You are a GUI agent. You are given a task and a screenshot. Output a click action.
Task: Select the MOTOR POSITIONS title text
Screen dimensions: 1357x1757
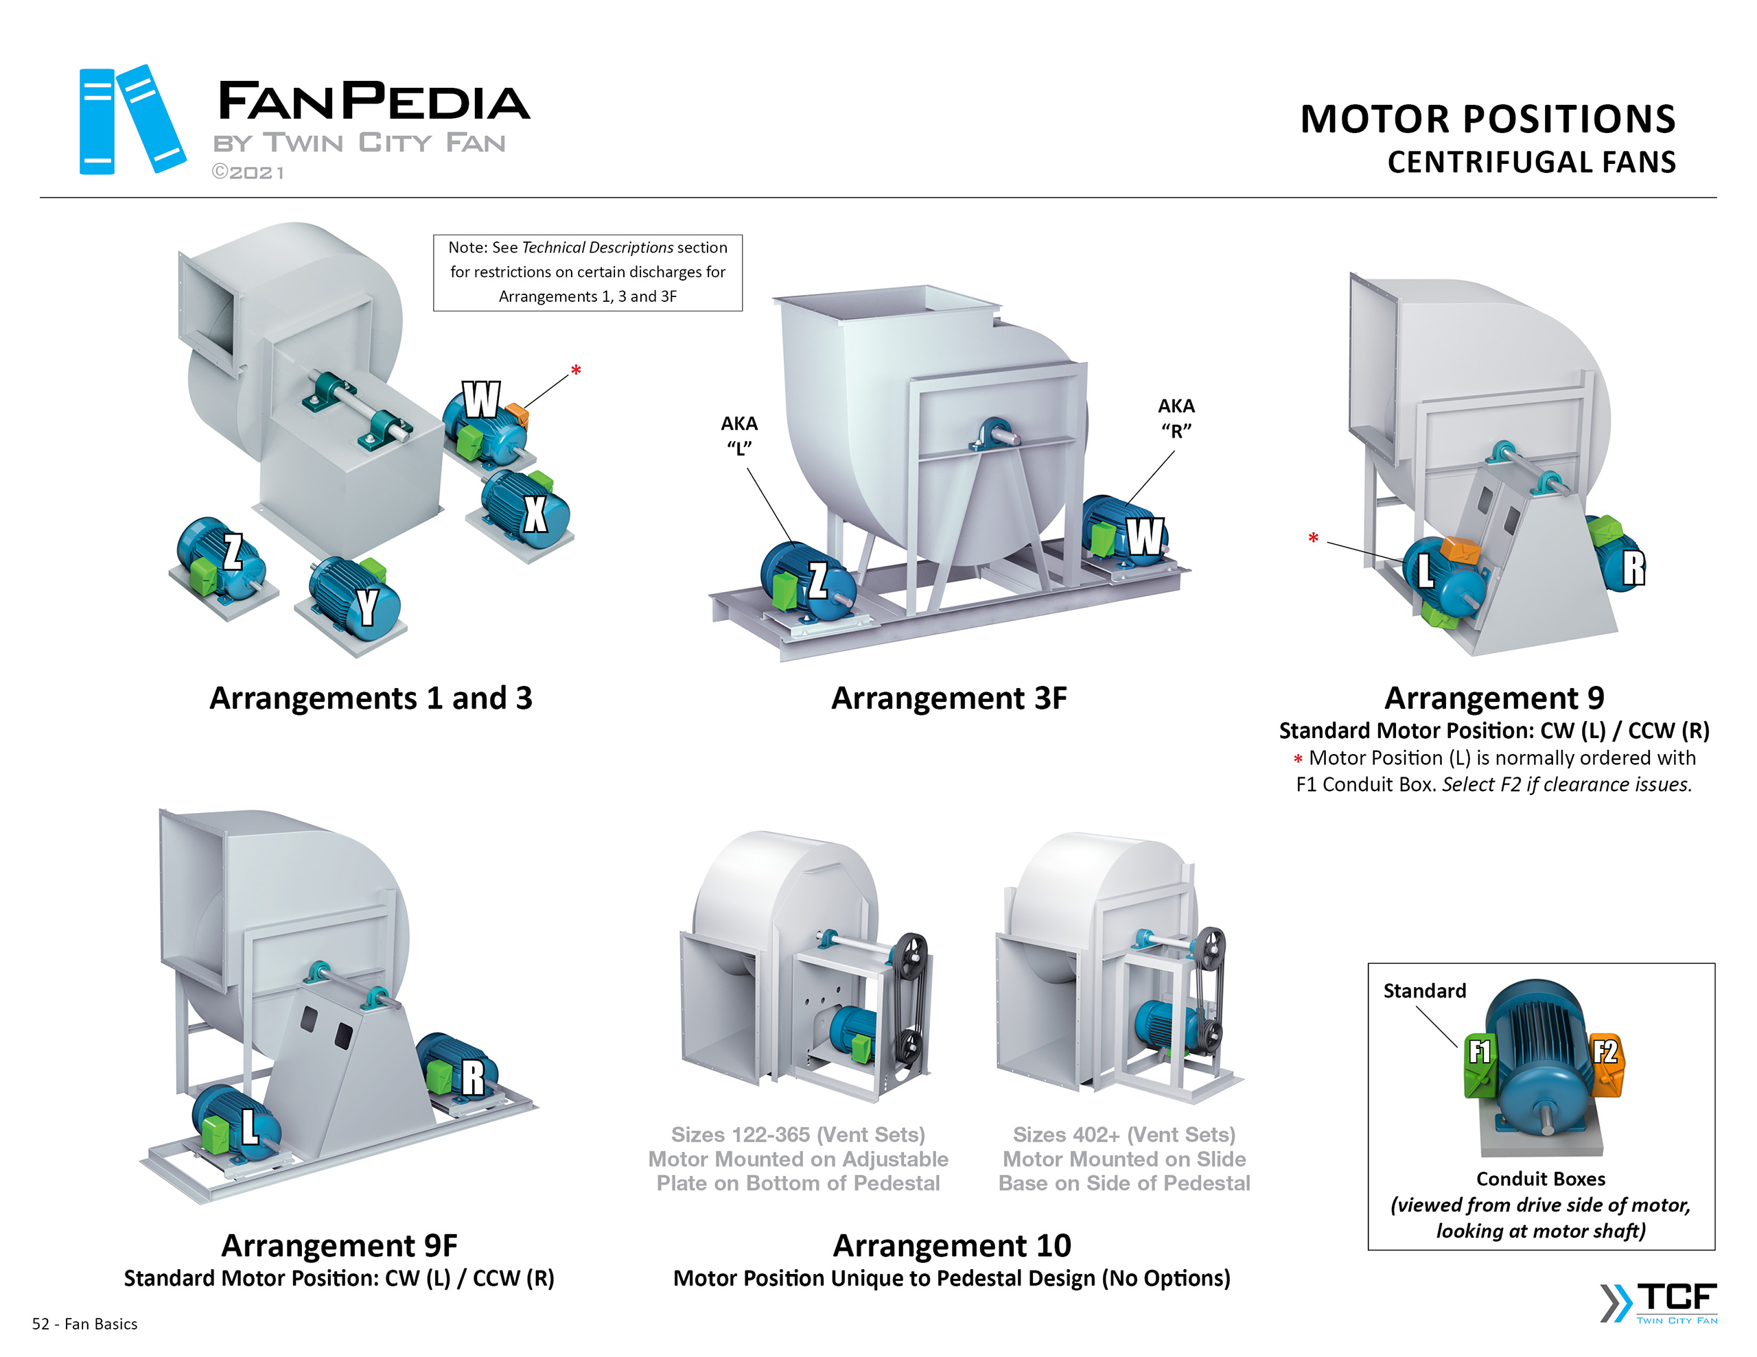point(1487,119)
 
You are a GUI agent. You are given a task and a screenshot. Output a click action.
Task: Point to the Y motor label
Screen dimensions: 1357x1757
point(368,606)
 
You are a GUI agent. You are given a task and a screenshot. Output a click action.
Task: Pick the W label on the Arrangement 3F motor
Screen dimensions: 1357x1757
point(1145,536)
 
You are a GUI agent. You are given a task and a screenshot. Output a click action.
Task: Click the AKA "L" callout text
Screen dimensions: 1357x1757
point(738,435)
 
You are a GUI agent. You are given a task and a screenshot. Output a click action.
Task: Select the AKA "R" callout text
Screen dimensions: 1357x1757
point(1176,418)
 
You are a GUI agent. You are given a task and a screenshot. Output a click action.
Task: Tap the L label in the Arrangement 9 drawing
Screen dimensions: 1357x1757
point(1425,570)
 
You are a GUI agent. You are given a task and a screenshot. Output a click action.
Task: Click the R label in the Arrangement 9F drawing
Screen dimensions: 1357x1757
point(473,1078)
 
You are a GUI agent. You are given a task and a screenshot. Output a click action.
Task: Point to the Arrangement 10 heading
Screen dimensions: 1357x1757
point(952,1245)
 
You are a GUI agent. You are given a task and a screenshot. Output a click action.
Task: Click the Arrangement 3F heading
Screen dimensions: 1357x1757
point(949,698)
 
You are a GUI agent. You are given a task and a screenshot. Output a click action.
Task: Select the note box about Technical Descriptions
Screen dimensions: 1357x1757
point(587,272)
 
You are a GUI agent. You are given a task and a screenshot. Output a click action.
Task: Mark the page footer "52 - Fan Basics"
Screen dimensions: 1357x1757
point(84,1324)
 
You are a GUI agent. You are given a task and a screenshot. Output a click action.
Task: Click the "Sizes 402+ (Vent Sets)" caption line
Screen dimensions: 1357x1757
point(1124,1134)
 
